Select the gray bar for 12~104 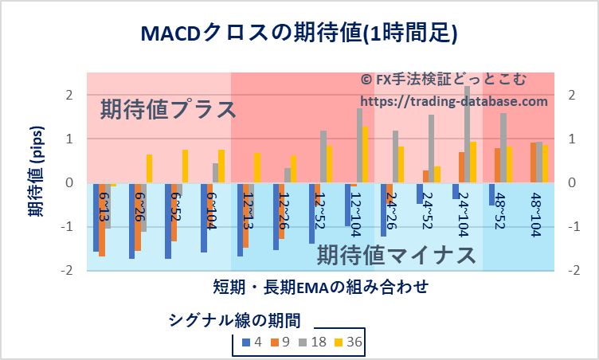pos(359,146)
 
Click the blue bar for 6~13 pos(96,217)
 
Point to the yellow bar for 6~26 pos(149,168)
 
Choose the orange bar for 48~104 pos(533,162)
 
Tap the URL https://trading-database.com pos(454,102)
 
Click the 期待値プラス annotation pos(168,109)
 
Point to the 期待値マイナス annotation pos(397,255)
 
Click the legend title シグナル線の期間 pos(234,319)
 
